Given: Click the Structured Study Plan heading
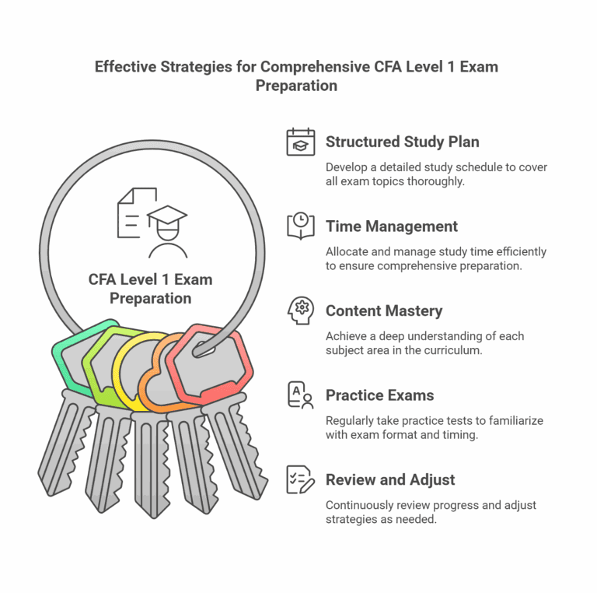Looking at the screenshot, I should tap(402, 142).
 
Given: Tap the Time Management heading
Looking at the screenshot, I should tap(391, 226).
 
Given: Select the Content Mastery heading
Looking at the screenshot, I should tap(383, 311).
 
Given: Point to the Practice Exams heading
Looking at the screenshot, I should tap(379, 395).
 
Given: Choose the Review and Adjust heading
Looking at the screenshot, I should tap(390, 479).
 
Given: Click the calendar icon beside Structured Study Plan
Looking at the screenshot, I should tap(301, 142).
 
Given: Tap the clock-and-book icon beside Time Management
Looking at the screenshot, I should tap(301, 226).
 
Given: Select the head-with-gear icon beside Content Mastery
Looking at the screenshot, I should tap(301, 311).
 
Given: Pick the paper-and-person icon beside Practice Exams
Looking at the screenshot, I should tap(301, 395).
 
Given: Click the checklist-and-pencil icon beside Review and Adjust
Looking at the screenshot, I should tap(301, 479).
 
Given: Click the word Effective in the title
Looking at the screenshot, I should tap(124, 67).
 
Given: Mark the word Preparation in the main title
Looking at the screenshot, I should tap(296, 86).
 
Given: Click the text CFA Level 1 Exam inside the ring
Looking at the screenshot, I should tap(151, 279).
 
